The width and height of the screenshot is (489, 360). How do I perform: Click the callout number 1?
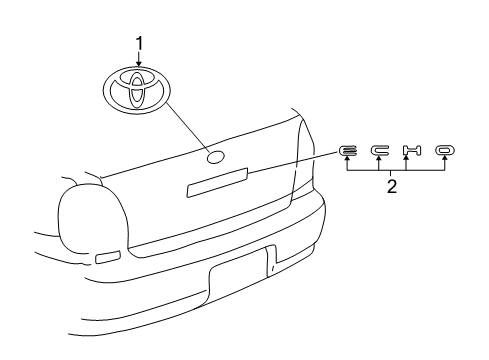coord(139,42)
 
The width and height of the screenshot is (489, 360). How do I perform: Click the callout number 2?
coord(392,186)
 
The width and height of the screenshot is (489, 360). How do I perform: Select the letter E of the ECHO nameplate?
coord(348,151)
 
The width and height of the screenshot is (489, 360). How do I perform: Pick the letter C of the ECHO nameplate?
coord(380,151)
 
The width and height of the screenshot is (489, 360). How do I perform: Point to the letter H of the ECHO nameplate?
coord(411,151)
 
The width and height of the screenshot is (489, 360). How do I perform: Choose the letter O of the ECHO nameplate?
coord(443,151)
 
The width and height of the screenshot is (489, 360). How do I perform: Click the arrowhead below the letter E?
coord(348,162)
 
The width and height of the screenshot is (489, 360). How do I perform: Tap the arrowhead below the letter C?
coord(380,162)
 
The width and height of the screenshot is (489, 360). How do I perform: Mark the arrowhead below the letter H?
coord(405,162)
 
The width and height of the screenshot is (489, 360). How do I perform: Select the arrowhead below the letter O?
coord(443,162)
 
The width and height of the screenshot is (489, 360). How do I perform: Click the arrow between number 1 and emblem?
coord(139,59)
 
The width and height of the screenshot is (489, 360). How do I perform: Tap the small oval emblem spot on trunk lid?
coord(215,157)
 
